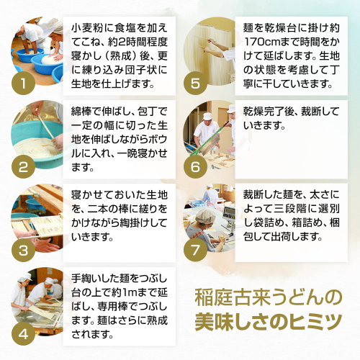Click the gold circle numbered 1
click(23, 83)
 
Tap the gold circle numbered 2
click(23, 166)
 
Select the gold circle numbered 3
click(23, 251)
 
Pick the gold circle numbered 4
click(23, 334)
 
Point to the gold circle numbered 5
click(195, 83)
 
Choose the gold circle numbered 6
click(195, 166)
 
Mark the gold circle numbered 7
click(195, 251)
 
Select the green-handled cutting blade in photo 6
click(210, 142)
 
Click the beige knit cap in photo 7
click(205, 216)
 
